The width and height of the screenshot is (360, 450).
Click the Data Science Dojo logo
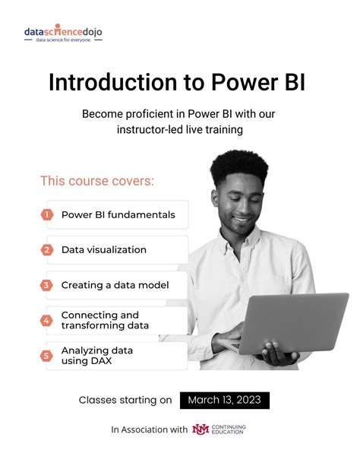[62, 34]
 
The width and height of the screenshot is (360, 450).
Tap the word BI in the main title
[292, 81]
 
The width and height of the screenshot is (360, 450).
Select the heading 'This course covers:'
[96, 181]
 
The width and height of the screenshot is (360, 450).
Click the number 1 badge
[47, 214]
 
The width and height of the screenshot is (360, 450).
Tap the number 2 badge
[47, 249]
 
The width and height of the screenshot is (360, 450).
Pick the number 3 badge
[47, 285]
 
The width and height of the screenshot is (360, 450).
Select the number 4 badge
[47, 320]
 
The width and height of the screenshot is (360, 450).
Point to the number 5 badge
[47, 355]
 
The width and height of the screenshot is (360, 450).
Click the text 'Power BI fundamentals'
[118, 214]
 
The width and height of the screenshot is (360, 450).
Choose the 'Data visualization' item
[104, 249]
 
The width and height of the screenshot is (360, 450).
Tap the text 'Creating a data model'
[115, 285]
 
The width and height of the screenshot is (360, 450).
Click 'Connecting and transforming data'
[105, 320]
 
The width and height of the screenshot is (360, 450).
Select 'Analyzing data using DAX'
[97, 355]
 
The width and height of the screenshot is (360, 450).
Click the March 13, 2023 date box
[225, 400]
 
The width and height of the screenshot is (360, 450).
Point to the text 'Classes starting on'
[125, 400]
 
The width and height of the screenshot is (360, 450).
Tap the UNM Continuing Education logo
[220, 429]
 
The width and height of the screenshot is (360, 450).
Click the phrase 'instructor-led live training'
[180, 130]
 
